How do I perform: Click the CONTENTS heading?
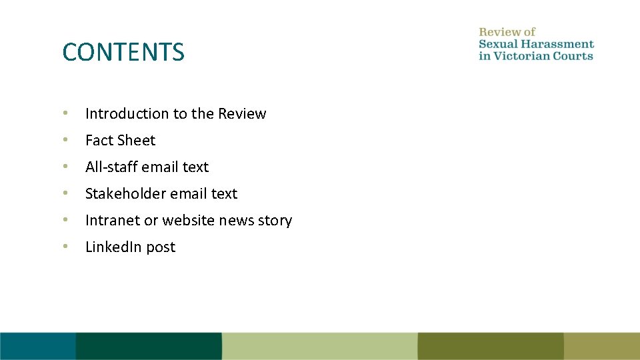(123, 52)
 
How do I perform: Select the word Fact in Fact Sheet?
(98, 141)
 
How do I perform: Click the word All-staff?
(111, 167)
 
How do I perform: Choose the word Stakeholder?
(125, 194)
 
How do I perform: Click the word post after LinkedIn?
(161, 247)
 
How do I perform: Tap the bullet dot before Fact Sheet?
(65, 140)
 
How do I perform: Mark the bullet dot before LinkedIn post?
(65, 247)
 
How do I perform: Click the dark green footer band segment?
(148, 346)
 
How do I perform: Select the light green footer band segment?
(319, 346)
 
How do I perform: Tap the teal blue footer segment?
(37, 346)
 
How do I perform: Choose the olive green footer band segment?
(490, 346)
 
